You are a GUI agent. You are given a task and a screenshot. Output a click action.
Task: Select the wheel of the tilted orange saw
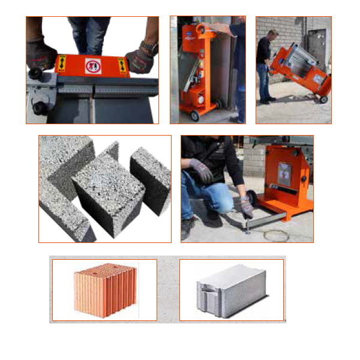click(323, 98)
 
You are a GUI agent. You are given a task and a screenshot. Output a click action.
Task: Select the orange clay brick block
click(103, 290)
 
